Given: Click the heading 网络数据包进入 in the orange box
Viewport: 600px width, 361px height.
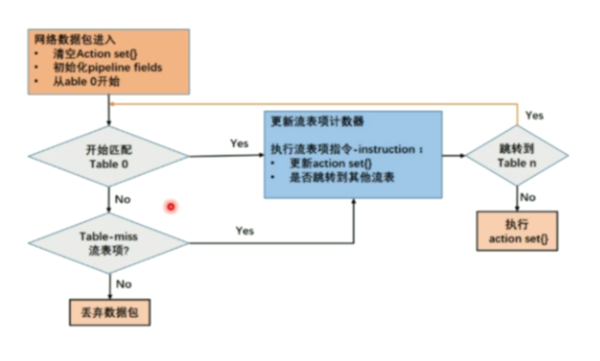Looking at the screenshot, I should [66, 40].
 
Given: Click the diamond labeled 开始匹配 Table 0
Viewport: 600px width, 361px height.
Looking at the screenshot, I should [108, 157].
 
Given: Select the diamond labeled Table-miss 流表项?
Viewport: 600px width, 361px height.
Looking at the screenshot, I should [108, 242].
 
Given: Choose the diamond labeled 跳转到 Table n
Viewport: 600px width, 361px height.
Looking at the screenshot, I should [517, 155].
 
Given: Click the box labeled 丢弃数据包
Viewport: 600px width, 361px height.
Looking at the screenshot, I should [109, 312].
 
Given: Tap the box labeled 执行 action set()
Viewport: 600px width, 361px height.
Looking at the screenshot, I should [517, 232].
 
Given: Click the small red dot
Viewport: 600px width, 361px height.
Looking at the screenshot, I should [171, 206].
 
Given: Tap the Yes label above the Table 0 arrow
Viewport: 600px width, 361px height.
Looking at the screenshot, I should [239, 143].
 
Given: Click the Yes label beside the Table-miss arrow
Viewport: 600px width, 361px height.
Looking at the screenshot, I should [245, 231].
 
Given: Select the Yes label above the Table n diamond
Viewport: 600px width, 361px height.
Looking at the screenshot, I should [534, 115].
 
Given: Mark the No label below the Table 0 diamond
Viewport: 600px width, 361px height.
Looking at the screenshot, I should [123, 200].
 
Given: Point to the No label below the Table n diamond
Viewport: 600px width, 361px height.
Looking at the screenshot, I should [527, 197].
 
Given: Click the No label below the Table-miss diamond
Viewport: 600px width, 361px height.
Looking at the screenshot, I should [123, 284].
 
